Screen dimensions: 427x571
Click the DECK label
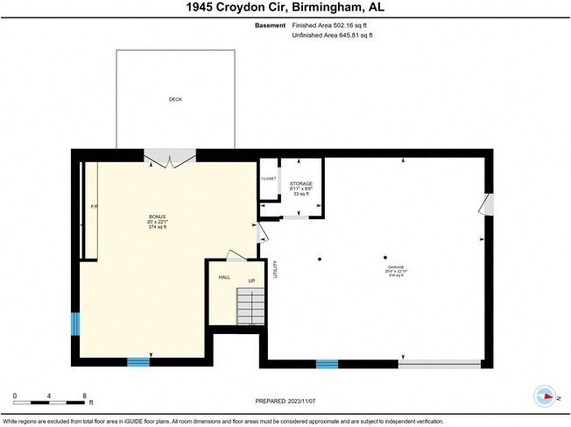[175, 100]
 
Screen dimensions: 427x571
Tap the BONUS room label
[158, 217]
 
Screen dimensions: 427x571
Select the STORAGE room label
[301, 184]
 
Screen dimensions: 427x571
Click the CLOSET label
[268, 179]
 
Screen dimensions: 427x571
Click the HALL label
[224, 277]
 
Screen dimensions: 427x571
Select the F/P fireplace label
[95, 206]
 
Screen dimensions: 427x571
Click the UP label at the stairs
[251, 281]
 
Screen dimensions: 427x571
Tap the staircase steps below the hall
[251, 306]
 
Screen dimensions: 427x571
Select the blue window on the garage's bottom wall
[327, 363]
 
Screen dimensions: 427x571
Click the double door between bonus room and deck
[170, 158]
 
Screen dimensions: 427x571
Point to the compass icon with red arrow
[547, 396]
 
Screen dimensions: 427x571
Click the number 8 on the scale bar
[84, 395]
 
